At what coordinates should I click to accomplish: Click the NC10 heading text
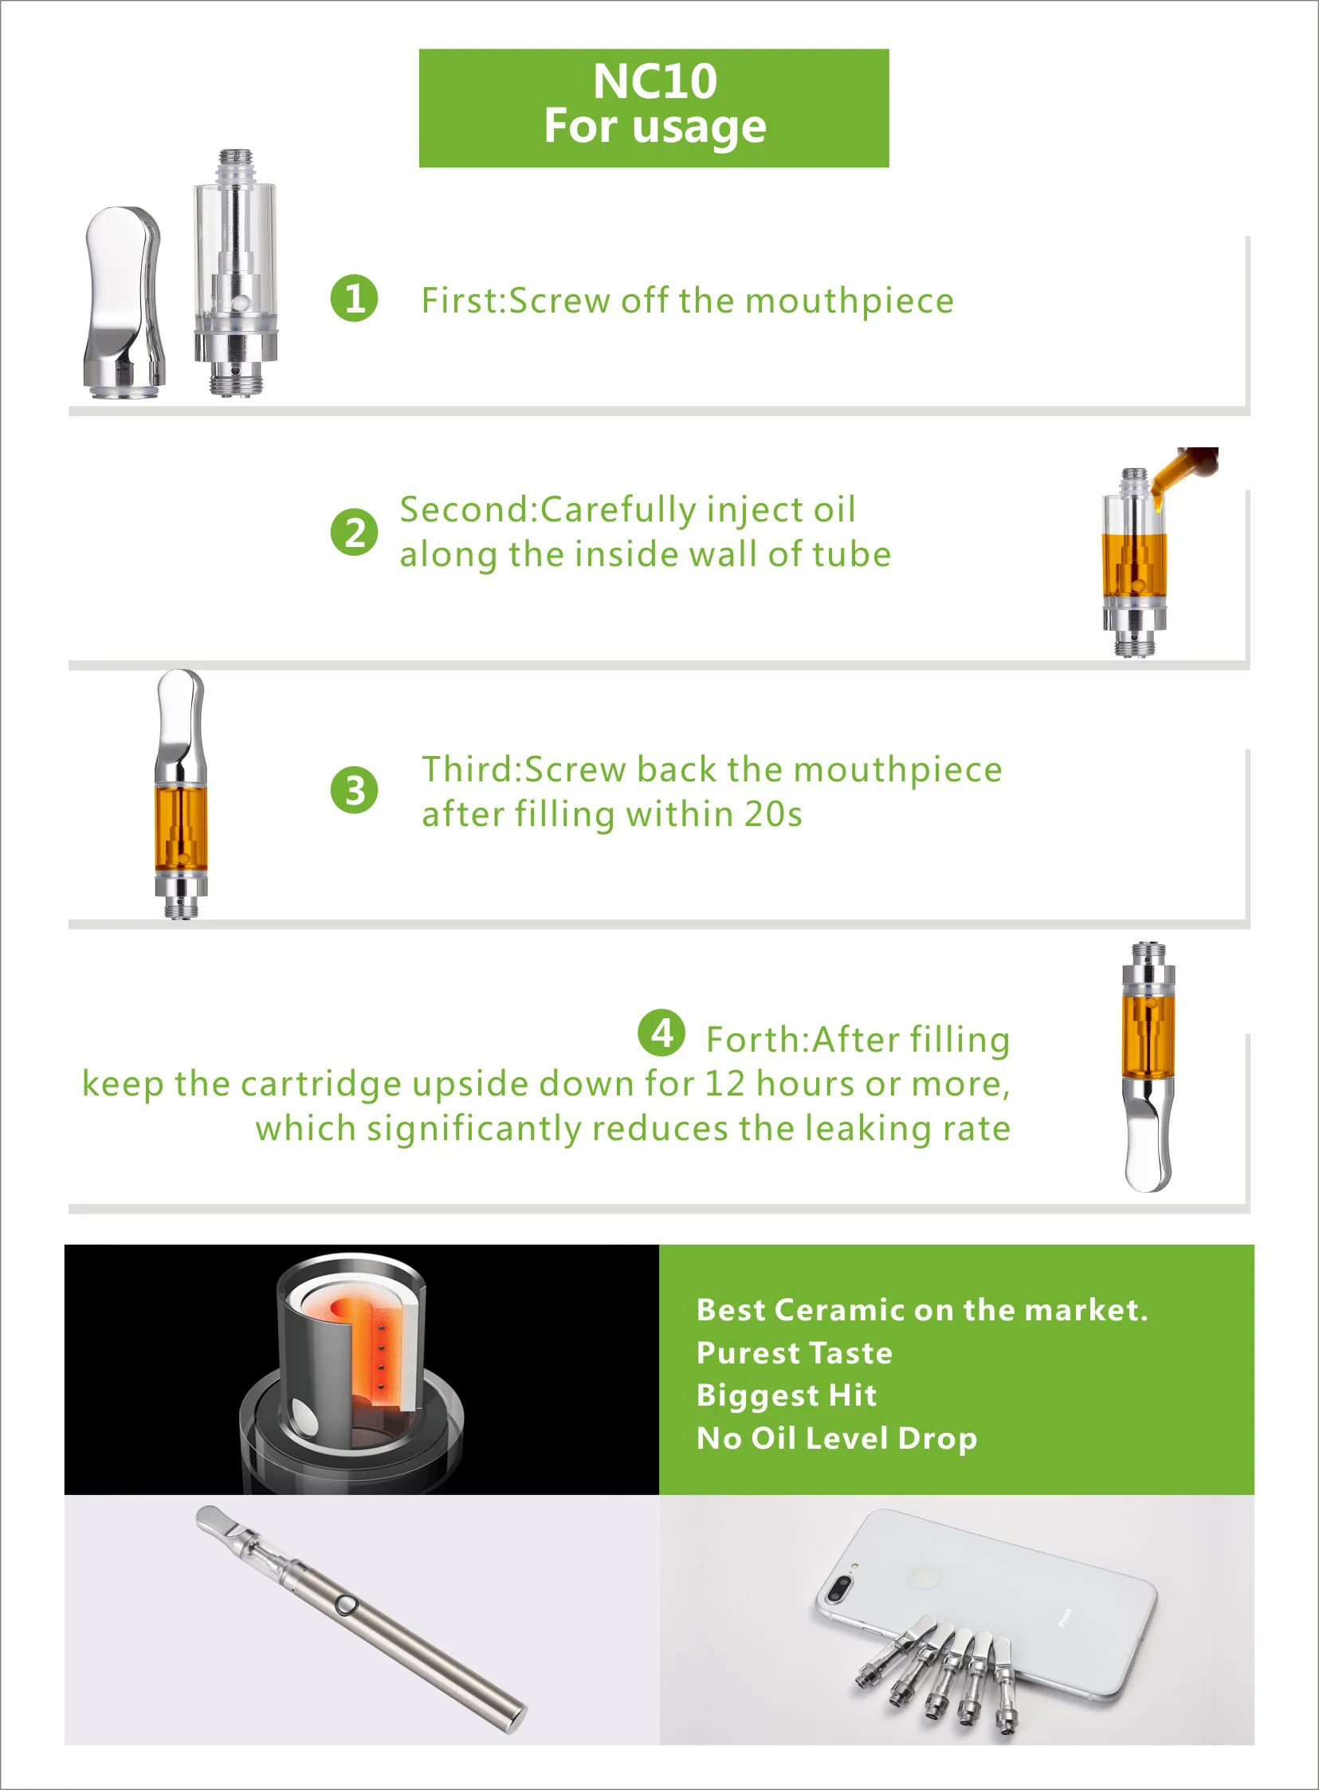click(654, 81)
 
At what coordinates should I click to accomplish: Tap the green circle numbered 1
click(354, 299)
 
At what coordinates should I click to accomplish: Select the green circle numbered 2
click(354, 532)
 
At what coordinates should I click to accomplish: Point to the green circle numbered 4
click(661, 1033)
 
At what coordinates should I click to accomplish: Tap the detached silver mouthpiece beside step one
click(124, 304)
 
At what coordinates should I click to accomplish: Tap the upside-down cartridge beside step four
click(1148, 1066)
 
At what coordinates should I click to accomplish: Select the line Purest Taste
click(794, 1352)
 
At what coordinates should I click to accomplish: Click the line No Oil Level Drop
click(836, 1438)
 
